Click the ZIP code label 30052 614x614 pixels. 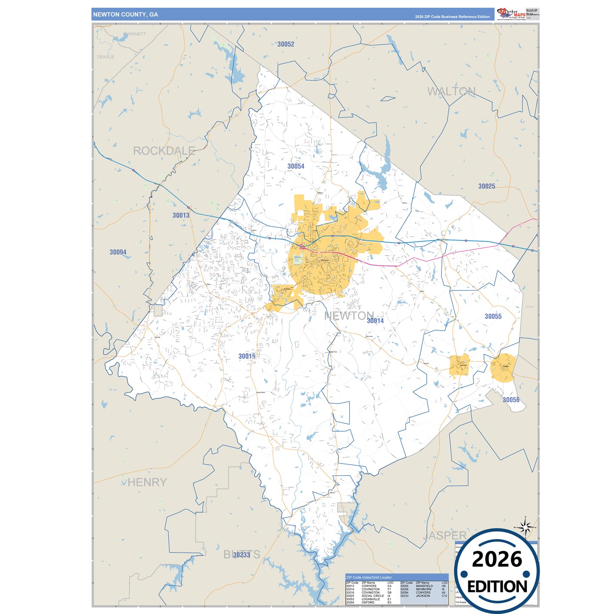pos(286,44)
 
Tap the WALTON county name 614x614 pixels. pos(451,91)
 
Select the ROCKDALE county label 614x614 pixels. pos(164,151)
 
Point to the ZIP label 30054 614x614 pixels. pos(296,166)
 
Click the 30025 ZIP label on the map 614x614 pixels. pos(487,186)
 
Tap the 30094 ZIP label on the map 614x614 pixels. pos(118,252)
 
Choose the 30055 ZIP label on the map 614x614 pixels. pos(493,316)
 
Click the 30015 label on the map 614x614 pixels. pos(247,356)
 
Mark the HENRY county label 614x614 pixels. pos(147,482)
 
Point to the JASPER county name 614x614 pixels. pos(445,535)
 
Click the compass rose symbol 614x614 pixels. pos(526,528)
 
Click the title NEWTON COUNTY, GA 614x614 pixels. pos(125,14)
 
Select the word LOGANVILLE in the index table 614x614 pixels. pos(371,599)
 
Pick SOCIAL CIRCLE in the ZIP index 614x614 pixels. pos(373,596)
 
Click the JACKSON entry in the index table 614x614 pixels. pos(423,596)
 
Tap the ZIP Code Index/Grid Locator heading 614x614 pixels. pos(369,577)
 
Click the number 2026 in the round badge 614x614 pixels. pos(497,559)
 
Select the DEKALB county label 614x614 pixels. pos(105,57)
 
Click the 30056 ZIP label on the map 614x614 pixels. pos(511,400)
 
